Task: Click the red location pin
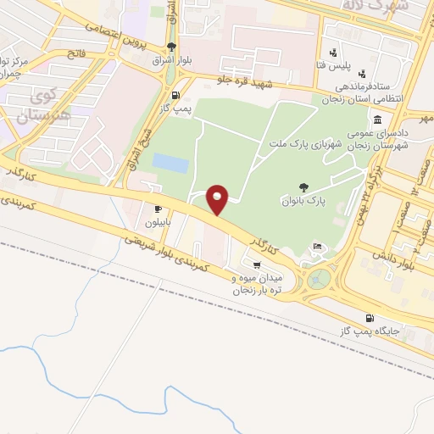[x=219, y=198]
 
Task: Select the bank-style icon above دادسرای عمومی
[x=376, y=120]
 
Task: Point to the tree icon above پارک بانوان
[x=303, y=187]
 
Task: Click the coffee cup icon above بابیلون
[x=158, y=209]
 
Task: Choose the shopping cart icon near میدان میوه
[x=256, y=265]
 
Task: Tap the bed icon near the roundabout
[x=318, y=247]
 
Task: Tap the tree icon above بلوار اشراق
[x=173, y=47]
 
